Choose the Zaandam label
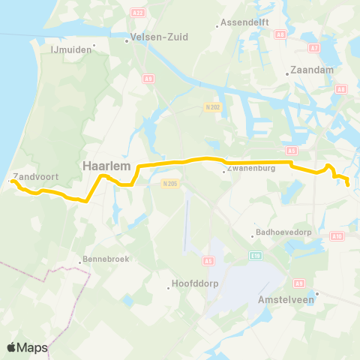(x=307, y=73)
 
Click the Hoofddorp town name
(x=196, y=285)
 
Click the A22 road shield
(x=136, y=13)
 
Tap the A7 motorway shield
(x=314, y=48)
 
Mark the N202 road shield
(x=211, y=107)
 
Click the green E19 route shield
(x=255, y=256)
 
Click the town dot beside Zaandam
(x=287, y=73)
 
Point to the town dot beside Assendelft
(x=217, y=25)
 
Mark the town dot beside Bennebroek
(x=79, y=262)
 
